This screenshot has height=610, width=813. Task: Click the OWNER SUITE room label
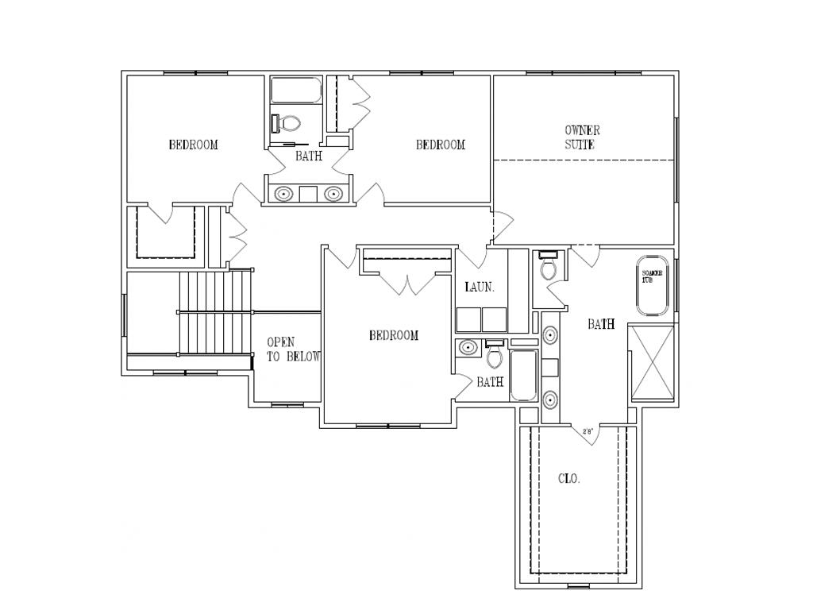coord(582,137)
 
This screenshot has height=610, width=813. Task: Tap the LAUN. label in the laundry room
coord(480,288)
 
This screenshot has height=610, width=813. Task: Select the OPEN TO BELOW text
coord(293,349)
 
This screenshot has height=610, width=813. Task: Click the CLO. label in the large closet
coord(568,479)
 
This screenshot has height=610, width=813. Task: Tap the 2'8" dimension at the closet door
coord(588,432)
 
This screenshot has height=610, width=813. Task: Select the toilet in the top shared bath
coord(287,124)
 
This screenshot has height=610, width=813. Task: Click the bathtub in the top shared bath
coord(295,91)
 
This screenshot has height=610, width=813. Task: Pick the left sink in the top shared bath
coord(283,193)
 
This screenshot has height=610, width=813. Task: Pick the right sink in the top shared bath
coord(334,193)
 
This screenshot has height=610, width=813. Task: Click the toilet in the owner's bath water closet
coord(549,267)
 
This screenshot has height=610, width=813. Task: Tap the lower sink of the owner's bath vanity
coord(550,399)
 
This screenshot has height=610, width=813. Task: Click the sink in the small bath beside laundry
coord(468,347)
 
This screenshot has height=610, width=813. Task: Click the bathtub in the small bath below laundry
coord(523,375)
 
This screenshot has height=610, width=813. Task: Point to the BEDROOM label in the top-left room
coord(193,145)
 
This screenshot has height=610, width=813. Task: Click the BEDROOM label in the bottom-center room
coord(393,335)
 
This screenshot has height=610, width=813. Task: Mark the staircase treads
coord(215,314)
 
